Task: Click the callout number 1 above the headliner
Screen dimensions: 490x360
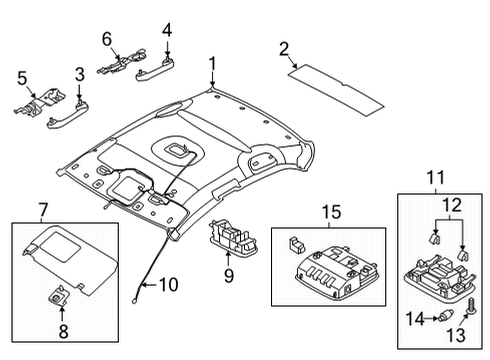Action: [x=212, y=64]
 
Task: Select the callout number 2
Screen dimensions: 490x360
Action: [x=284, y=49]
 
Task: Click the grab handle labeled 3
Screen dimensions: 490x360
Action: [x=68, y=115]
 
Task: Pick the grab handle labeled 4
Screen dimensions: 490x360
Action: [x=156, y=70]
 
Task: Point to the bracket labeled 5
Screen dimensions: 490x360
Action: [x=40, y=102]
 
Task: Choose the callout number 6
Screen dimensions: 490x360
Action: [x=107, y=39]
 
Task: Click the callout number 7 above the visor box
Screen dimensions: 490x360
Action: [x=44, y=210]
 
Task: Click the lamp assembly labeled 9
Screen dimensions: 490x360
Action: [x=233, y=239]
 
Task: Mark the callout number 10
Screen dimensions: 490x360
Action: [x=169, y=285]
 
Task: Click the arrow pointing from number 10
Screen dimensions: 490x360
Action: [x=149, y=285]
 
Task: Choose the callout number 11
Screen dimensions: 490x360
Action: [x=436, y=178]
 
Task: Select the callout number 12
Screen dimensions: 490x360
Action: [x=452, y=205]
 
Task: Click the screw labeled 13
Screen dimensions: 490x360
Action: [x=472, y=306]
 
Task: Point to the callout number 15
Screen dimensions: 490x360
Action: [x=332, y=212]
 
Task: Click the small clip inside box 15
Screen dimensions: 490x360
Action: [x=296, y=244]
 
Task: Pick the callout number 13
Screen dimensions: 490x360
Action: [x=456, y=335]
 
